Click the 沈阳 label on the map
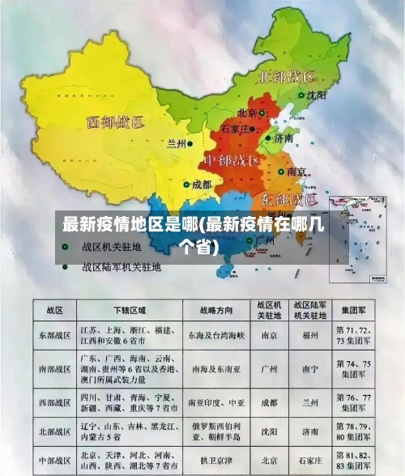point(317,95)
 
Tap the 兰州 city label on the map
point(176,143)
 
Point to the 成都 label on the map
point(201,185)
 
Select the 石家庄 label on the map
point(239,128)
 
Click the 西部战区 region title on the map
point(115,123)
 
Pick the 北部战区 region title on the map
point(286,77)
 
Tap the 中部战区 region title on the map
point(234,159)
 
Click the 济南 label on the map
point(283,138)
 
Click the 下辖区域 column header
point(130,310)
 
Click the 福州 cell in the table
point(310,334)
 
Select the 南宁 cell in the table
point(310,367)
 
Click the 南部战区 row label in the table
point(54,367)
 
